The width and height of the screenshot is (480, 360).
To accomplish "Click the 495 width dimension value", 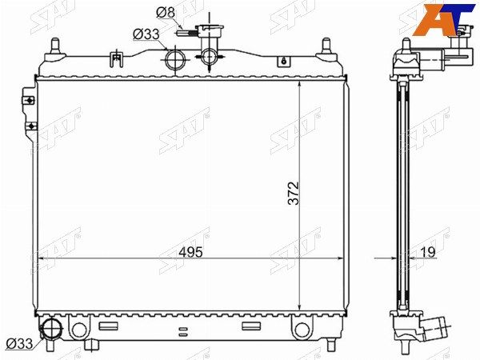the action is click(x=190, y=252).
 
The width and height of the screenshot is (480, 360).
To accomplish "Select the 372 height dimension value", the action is click(x=293, y=193).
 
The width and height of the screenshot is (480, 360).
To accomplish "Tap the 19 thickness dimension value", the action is click(x=428, y=252).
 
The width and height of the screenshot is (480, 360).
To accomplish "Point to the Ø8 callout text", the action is click(x=166, y=13).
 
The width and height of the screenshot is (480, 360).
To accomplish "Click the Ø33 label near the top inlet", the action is click(x=146, y=34).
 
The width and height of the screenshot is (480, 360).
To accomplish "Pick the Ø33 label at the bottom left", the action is click(x=19, y=344).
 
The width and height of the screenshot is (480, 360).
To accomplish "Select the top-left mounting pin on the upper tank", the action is click(x=55, y=49).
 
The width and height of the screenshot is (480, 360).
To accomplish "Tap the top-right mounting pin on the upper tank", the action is click(x=326, y=49).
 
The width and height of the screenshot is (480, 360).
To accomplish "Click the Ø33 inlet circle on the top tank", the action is click(x=175, y=59).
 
